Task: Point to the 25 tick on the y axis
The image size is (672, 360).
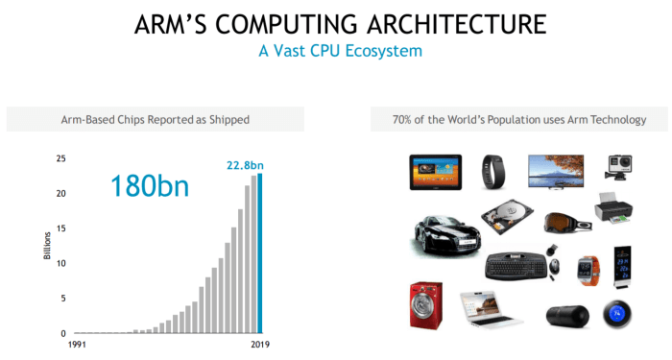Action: (60, 158)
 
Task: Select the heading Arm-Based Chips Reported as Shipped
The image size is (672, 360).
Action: (155, 119)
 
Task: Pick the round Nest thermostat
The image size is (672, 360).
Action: (615, 315)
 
